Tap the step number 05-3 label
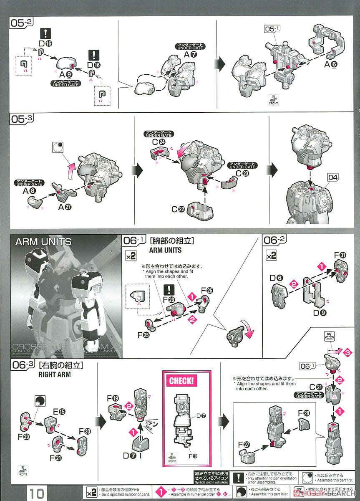tap(22, 119)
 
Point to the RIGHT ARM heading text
tap(54, 374)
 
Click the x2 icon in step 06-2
tap(271, 256)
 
